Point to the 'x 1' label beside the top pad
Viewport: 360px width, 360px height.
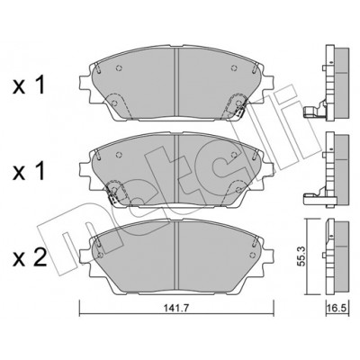[29, 85]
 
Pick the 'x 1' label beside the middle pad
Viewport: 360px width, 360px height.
[29, 172]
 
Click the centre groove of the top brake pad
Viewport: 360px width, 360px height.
[176, 83]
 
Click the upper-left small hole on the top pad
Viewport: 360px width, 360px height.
[119, 68]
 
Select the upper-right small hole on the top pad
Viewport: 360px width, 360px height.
[234, 68]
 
